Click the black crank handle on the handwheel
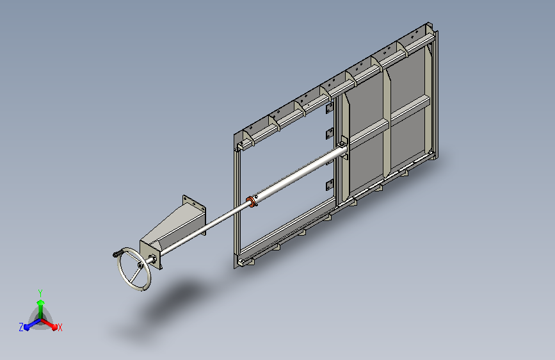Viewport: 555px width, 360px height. (118, 254)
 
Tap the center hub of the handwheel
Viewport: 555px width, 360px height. (141, 265)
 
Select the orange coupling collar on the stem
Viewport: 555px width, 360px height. (250, 202)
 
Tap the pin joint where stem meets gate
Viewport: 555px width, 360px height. (342, 145)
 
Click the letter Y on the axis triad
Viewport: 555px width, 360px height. (40, 293)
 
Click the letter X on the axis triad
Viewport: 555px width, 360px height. (60, 328)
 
